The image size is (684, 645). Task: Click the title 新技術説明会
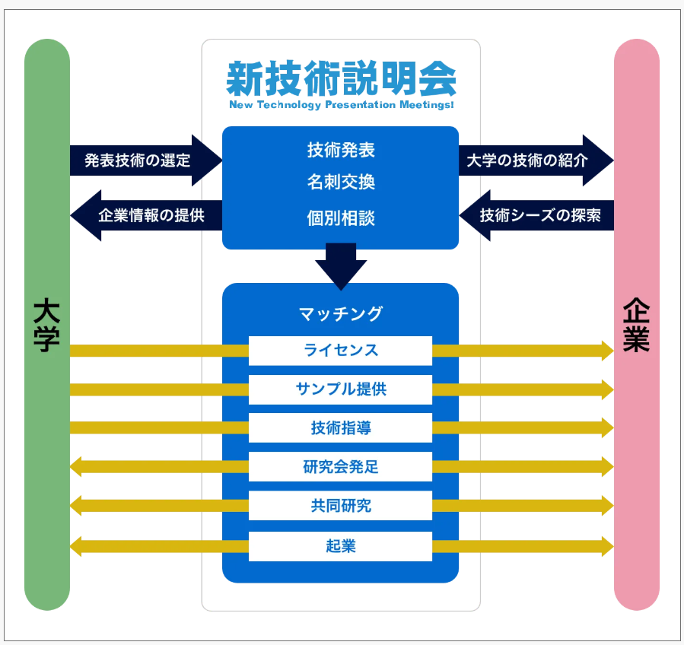[341, 78]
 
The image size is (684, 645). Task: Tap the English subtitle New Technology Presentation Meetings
[341, 105]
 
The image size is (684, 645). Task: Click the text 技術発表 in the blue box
[341, 150]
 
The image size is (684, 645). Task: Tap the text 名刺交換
[341, 183]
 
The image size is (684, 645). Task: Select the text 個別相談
[341, 219]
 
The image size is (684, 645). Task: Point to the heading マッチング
[341, 313]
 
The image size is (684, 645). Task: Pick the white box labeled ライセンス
[340, 351]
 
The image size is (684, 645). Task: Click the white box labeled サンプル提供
[340, 389]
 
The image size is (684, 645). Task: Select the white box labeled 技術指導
[340, 428]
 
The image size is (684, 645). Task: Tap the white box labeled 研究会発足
[340, 467]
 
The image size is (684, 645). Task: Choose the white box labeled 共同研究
[340, 506]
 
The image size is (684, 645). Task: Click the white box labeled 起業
[340, 546]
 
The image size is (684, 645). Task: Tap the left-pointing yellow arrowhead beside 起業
[76, 546]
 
